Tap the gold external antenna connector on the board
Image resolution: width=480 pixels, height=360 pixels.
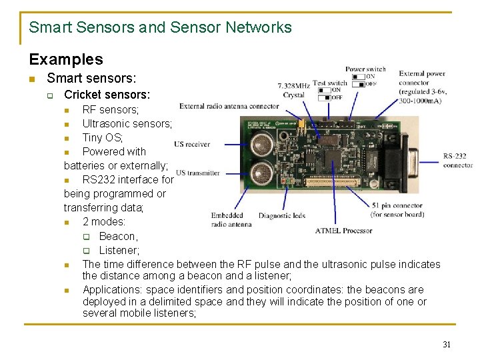pyautogui.click(x=301, y=125)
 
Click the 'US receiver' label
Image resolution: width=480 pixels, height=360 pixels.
pyautogui.click(x=192, y=144)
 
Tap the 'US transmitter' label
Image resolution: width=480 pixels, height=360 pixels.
pyautogui.click(x=197, y=173)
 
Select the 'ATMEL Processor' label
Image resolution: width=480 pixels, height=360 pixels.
pyautogui.click(x=344, y=231)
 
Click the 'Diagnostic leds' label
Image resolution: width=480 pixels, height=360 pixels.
pyautogui.click(x=281, y=215)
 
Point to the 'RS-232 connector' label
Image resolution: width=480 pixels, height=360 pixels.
pyautogui.click(x=458, y=161)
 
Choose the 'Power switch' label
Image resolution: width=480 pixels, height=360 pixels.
pyautogui.click(x=365, y=69)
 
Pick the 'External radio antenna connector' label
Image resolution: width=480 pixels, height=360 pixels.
pyautogui.click(x=229, y=106)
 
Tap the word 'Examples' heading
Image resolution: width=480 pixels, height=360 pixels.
pyautogui.click(x=66, y=59)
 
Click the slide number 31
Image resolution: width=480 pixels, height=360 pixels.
pyautogui.click(x=447, y=345)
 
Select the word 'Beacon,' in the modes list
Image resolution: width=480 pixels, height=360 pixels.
pyautogui.click(x=118, y=236)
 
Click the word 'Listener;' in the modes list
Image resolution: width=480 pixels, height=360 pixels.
pyautogui.click(x=119, y=250)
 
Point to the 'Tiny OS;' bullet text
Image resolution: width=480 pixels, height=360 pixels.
pyautogui.click(x=103, y=137)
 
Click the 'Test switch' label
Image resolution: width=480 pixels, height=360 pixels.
pyautogui.click(x=330, y=83)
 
